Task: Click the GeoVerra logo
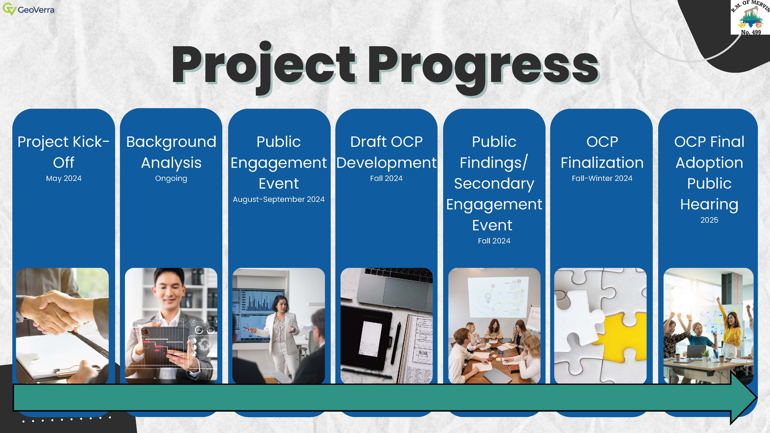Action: pos(29,10)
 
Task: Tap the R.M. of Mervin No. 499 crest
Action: pos(750,17)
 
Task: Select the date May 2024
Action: pos(64,178)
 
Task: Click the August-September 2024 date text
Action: pos(279,199)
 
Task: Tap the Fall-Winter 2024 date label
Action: pos(602,178)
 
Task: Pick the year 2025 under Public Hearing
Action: pos(709,220)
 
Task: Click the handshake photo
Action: pos(62,326)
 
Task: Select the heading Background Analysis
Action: pos(171,152)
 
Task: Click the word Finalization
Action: pos(602,163)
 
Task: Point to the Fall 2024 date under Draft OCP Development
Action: pos(386,178)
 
